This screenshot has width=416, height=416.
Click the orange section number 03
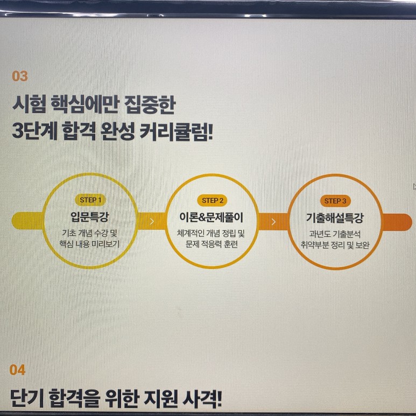click(19, 76)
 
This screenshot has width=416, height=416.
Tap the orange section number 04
click(17, 370)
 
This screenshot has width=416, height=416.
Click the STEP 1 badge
click(90, 200)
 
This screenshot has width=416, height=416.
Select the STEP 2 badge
click(213, 200)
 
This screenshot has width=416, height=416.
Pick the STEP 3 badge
click(335, 201)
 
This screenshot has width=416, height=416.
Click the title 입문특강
click(89, 217)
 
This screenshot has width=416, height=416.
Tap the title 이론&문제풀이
click(211, 218)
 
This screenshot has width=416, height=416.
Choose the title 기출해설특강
click(335, 218)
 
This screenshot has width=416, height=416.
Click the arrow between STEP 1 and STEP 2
click(152, 221)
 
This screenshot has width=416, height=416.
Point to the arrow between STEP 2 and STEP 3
click(274, 221)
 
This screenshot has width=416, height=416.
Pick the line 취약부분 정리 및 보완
click(335, 245)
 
